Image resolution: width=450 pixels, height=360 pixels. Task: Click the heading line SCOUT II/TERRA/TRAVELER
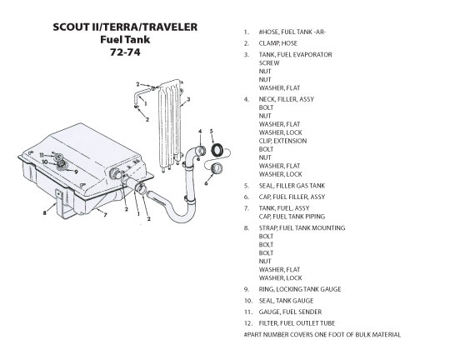(x=125, y=27)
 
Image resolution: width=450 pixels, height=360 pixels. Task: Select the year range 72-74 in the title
(x=125, y=52)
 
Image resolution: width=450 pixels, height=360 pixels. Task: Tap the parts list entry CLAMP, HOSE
(x=277, y=43)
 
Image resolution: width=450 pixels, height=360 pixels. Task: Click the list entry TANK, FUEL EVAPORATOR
(x=295, y=54)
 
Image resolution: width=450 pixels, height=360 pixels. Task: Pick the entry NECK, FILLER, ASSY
(x=287, y=99)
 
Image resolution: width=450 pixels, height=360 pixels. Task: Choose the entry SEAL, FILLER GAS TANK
(x=292, y=186)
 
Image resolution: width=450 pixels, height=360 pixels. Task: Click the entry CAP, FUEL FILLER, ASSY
(x=292, y=197)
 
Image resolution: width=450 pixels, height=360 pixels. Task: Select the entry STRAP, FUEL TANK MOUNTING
(x=302, y=228)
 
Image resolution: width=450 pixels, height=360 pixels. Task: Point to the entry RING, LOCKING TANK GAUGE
(x=300, y=289)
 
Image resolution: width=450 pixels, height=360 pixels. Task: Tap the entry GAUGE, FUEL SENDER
(x=290, y=312)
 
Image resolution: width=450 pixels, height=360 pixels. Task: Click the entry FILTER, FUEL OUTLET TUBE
(x=297, y=323)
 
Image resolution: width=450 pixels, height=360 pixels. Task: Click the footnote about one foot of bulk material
(x=322, y=335)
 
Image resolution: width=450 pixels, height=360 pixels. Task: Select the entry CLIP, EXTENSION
(x=282, y=141)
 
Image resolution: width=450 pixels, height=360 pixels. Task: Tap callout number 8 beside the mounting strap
(x=44, y=213)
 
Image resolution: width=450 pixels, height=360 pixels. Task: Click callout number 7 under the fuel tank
(x=105, y=214)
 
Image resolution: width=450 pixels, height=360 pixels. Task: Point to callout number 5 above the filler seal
(x=211, y=132)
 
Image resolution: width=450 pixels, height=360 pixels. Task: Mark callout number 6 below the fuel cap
(x=206, y=183)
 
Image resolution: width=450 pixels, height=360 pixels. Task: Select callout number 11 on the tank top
(x=42, y=155)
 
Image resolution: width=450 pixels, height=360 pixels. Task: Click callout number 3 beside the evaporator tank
(x=188, y=100)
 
